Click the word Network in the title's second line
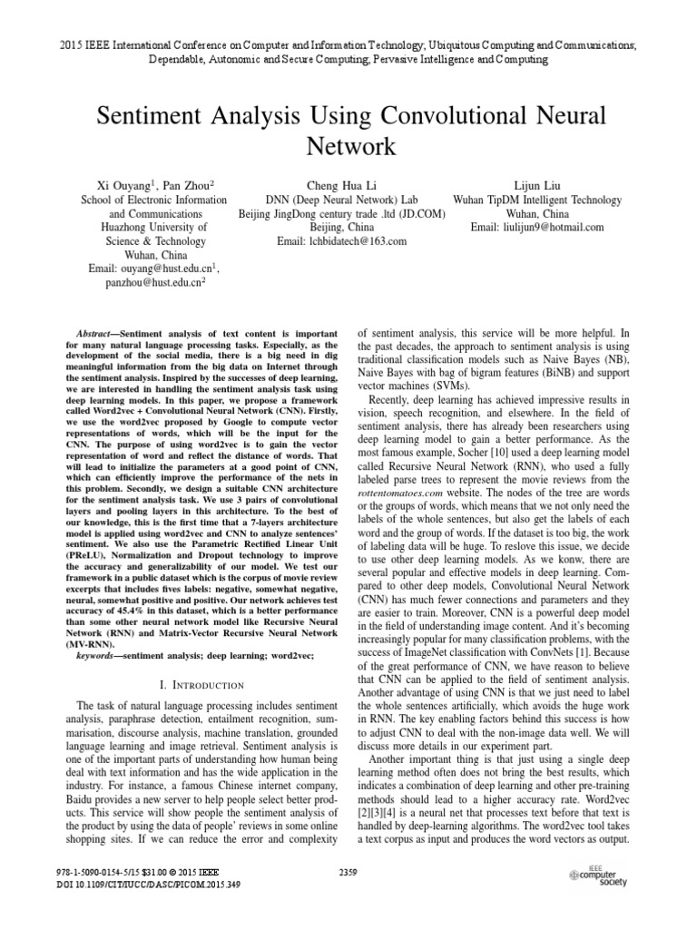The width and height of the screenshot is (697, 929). (348, 146)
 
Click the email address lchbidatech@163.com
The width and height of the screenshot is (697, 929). (342, 242)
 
